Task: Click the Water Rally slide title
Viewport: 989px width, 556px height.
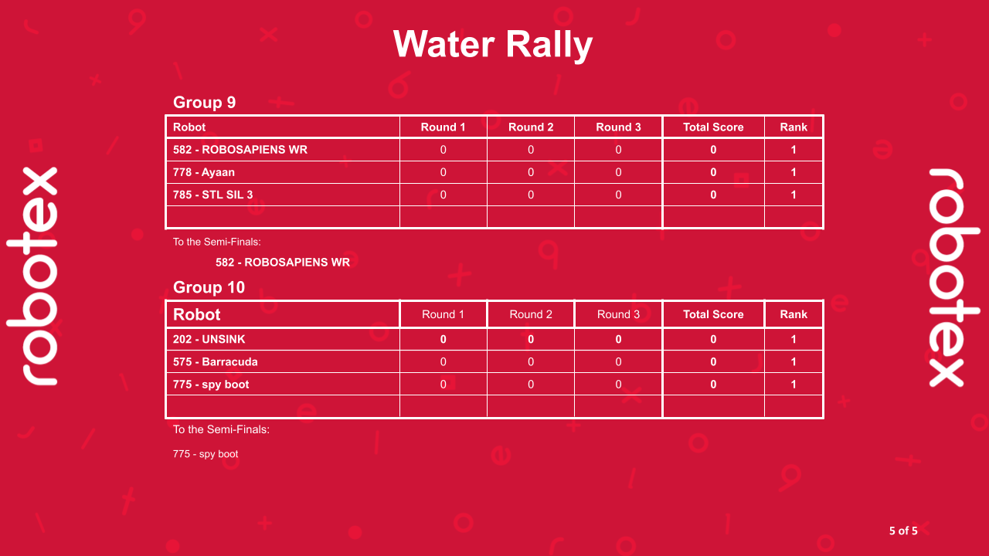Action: tap(493, 44)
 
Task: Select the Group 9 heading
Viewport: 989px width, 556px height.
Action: tap(204, 102)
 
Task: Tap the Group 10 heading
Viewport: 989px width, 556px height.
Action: tap(209, 287)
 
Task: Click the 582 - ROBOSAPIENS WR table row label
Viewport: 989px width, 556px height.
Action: tap(240, 150)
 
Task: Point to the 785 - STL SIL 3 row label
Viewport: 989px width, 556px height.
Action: tap(213, 195)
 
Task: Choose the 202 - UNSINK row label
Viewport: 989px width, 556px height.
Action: tap(209, 339)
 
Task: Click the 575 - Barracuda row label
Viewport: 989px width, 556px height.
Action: tap(216, 361)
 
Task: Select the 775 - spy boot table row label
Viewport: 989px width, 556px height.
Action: tap(211, 384)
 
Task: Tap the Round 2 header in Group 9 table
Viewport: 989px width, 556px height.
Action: tap(531, 127)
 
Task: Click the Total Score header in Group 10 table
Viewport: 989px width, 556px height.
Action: tap(713, 314)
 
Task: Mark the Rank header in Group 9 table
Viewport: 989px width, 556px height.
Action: tap(794, 127)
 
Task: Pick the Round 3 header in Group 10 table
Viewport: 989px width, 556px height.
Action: tap(618, 314)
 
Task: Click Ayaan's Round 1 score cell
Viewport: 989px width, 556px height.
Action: tap(443, 172)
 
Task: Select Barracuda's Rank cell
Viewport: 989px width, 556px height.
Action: tap(794, 361)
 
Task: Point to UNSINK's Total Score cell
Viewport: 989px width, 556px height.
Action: tap(713, 339)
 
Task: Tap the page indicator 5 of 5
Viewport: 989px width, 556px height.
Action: tap(903, 531)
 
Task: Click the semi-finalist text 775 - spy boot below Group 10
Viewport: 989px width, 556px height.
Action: tap(206, 454)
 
